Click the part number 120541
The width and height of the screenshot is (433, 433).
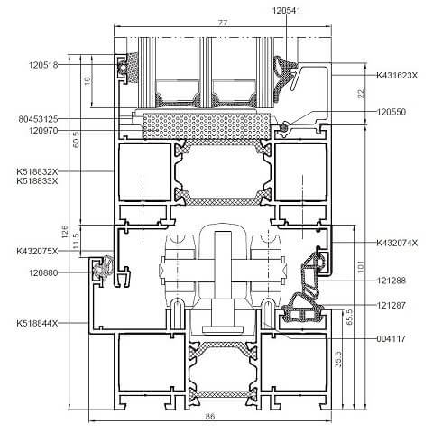click(286, 11)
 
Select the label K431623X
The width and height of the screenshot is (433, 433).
click(397, 75)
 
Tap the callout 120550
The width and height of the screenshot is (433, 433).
click(392, 112)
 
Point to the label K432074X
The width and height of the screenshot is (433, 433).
click(397, 243)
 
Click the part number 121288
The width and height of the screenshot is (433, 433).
click(392, 281)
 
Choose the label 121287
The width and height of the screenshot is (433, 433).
click(392, 305)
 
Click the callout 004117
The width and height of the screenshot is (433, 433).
click(392, 339)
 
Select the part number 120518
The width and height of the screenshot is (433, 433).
click(43, 65)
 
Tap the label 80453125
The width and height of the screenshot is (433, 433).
click(38, 119)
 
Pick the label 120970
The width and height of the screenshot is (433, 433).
click(43, 131)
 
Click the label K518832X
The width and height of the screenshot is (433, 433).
click(37, 171)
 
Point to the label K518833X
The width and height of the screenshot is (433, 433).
click(37, 181)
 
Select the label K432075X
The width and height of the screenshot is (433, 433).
click(37, 251)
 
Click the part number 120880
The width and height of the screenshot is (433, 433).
click(43, 273)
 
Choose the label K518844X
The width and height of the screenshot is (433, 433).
click(37, 323)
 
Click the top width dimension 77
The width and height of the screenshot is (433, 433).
click(223, 23)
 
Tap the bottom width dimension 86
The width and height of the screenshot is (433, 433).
click(210, 417)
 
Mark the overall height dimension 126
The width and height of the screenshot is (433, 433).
click(65, 232)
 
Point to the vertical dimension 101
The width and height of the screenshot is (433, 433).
click(361, 266)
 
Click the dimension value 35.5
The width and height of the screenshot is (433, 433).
click(338, 359)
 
